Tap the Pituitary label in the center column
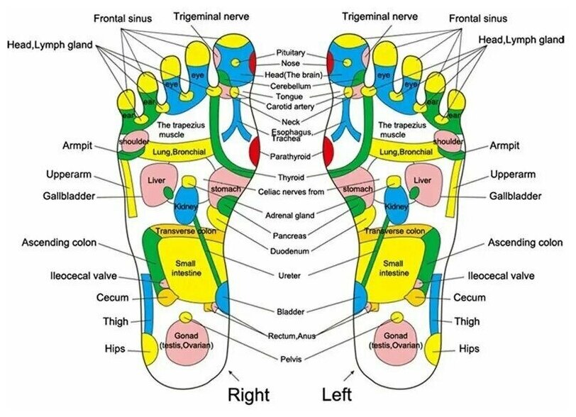pyautogui.click(x=292, y=53)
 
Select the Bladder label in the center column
pyautogui.click(x=291, y=311)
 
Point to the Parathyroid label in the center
pyautogui.click(x=291, y=156)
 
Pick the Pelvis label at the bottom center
pyautogui.click(x=292, y=360)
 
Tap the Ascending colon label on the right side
pyautogui.click(x=525, y=243)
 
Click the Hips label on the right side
pyautogui.click(x=468, y=349)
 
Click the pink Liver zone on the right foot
pyautogui.click(x=156, y=181)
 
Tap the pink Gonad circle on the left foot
pyautogui.click(x=396, y=340)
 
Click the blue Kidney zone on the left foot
pyautogui.click(x=395, y=206)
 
